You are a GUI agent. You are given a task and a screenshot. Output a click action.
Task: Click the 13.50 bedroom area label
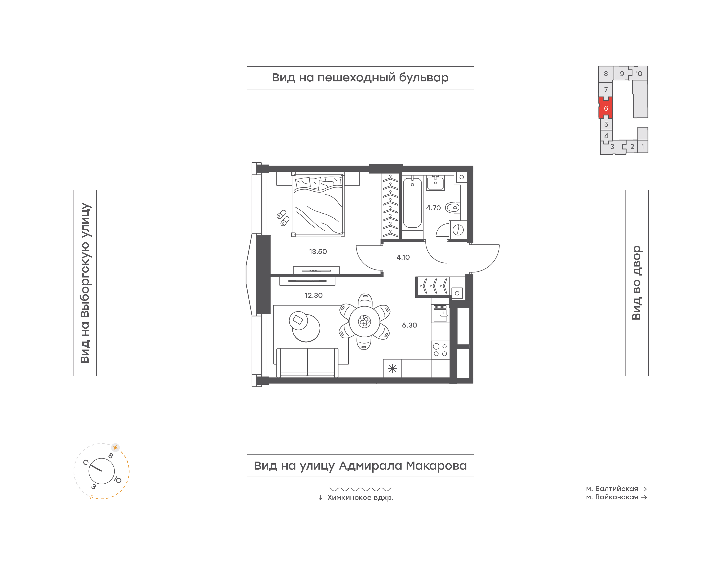[x=318, y=251]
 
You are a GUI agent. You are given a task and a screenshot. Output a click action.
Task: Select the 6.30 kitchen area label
[x=409, y=325]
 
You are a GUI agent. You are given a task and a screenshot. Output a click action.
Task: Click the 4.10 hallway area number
[x=403, y=257]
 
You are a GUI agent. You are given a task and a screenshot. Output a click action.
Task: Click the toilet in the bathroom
[x=452, y=208]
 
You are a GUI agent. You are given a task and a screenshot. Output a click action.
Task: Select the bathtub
[x=412, y=203]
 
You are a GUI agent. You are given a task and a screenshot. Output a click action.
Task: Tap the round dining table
[x=364, y=321]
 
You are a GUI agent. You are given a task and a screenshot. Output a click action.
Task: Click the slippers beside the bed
[x=283, y=218]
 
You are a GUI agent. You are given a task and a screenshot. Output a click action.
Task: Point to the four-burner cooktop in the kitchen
[x=440, y=350]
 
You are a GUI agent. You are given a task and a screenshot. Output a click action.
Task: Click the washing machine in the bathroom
[x=458, y=230]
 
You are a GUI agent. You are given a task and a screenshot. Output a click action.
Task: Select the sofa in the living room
[x=307, y=363]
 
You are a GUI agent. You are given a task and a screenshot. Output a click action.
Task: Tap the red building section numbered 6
[x=606, y=108]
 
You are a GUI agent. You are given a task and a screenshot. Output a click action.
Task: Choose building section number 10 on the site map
[x=639, y=74]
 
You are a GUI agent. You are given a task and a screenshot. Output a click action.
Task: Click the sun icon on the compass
[x=115, y=447]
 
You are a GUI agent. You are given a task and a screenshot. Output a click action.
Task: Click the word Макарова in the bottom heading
[x=436, y=466]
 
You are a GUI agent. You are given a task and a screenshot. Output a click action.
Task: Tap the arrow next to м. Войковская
[x=644, y=497]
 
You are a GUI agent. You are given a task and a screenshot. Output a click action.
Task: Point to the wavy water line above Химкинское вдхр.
[x=360, y=489]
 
